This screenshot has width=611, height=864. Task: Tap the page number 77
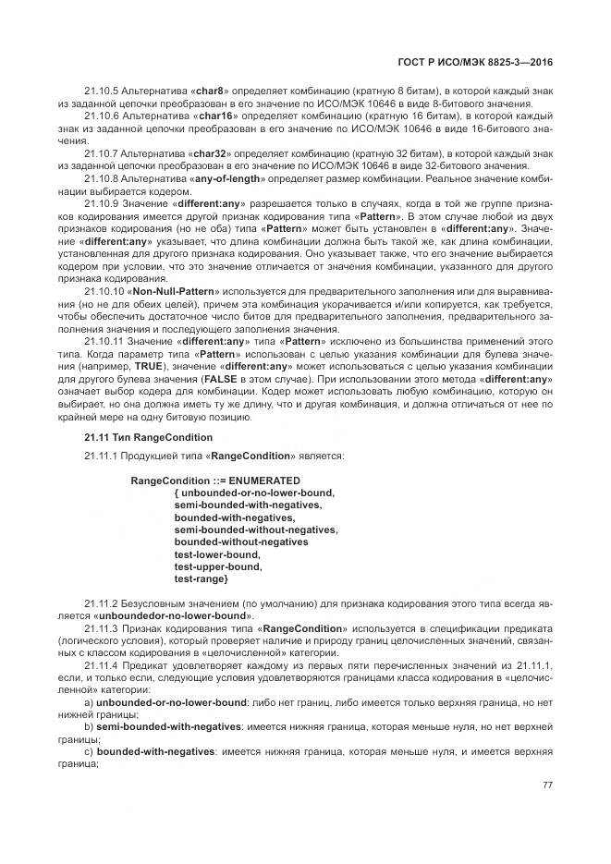(547, 785)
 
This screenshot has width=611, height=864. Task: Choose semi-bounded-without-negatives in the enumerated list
(255, 529)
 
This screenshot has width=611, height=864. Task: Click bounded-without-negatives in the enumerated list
(240, 542)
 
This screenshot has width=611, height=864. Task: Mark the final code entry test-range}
(201, 578)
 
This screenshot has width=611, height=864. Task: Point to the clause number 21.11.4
(102, 665)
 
